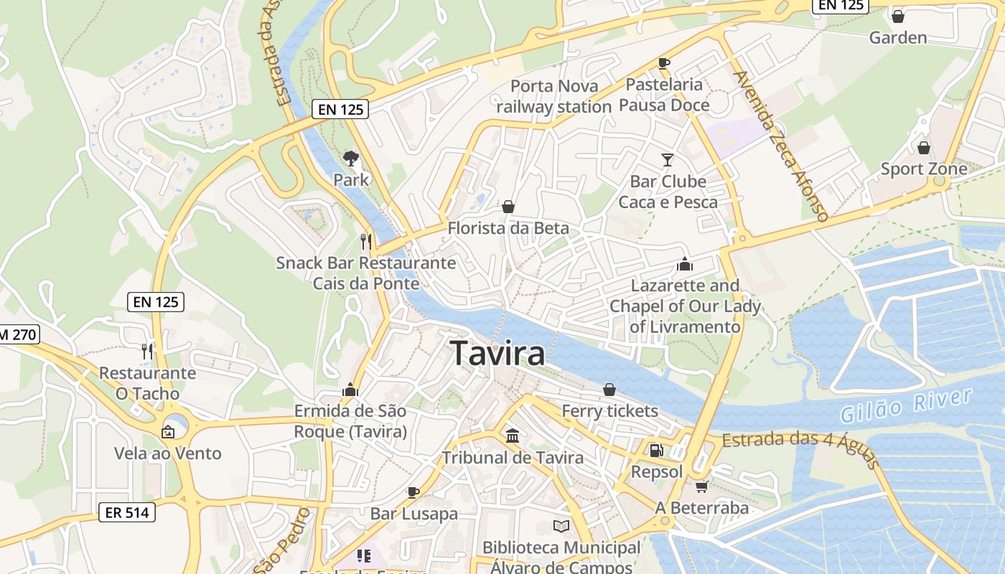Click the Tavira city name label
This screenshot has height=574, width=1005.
(x=497, y=354)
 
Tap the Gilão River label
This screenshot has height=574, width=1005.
(x=906, y=405)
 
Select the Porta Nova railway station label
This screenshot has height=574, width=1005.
(x=553, y=97)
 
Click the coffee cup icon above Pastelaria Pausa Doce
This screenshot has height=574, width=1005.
(x=664, y=63)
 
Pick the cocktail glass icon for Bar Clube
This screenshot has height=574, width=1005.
(x=668, y=159)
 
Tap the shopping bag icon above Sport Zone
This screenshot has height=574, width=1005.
(x=923, y=148)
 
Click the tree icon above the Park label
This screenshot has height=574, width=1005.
(x=351, y=158)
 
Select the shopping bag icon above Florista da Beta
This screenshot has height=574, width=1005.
(x=508, y=207)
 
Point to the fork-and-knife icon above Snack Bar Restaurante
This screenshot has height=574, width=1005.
(x=366, y=241)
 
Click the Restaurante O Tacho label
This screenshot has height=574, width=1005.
(x=147, y=383)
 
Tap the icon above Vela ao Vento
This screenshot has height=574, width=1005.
(x=168, y=431)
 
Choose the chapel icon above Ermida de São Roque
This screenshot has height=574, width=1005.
(x=350, y=390)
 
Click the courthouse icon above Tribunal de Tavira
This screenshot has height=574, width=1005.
(x=513, y=436)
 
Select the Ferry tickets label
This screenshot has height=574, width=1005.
(x=609, y=411)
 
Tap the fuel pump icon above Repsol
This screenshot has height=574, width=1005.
(x=656, y=451)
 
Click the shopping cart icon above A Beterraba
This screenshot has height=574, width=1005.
(x=701, y=486)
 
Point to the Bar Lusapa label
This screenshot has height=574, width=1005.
(x=413, y=514)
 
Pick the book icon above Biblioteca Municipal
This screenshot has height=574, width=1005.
(x=561, y=527)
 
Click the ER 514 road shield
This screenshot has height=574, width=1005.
(x=126, y=512)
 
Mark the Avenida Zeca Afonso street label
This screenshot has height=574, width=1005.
(x=781, y=145)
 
